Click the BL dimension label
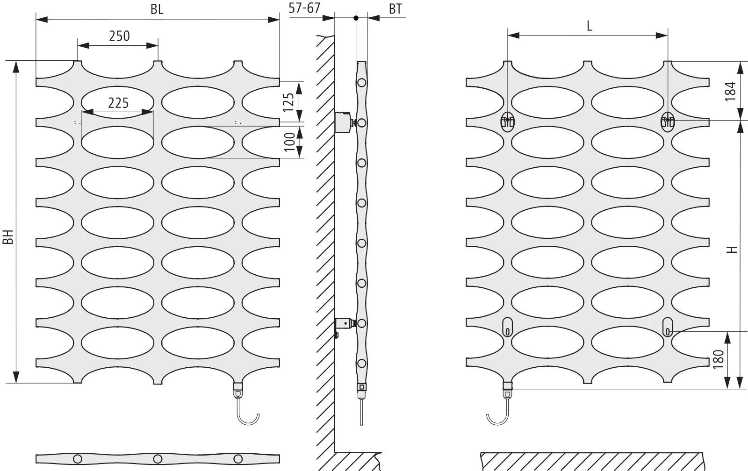157,9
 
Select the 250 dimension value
119,36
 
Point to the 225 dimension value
118,102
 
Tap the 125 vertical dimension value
289,102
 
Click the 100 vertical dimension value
290,142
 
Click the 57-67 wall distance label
304,8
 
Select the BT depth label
395,9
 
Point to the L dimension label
589,26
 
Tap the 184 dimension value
730,91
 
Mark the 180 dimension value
719,359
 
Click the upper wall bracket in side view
345,121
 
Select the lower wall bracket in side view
344,324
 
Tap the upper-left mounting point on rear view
508,121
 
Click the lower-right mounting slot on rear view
668,327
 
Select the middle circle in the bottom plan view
158,457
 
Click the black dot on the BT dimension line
356,18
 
